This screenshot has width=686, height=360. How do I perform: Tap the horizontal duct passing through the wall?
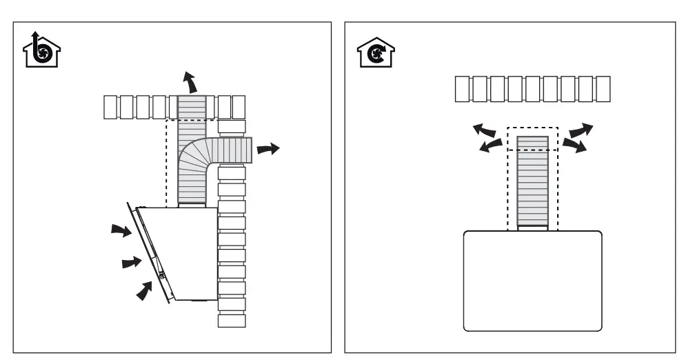(232, 148)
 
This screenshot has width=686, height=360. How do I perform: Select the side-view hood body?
(186, 248)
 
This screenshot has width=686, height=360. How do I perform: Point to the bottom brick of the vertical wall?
(232, 321)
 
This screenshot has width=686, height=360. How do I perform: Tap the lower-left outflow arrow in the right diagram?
(490, 145)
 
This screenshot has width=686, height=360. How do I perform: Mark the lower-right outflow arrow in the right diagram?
(574, 144)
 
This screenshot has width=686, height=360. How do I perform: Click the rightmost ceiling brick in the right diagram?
(602, 89)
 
